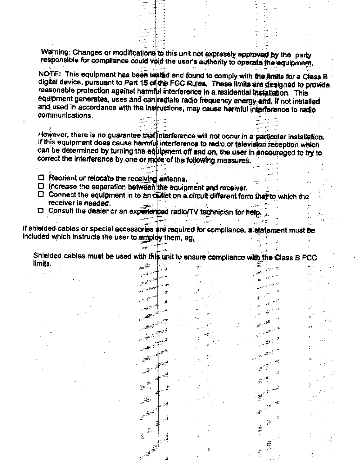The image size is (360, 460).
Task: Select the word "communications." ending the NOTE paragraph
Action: tap(65, 115)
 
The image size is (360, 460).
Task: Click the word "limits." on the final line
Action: tap(42, 264)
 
